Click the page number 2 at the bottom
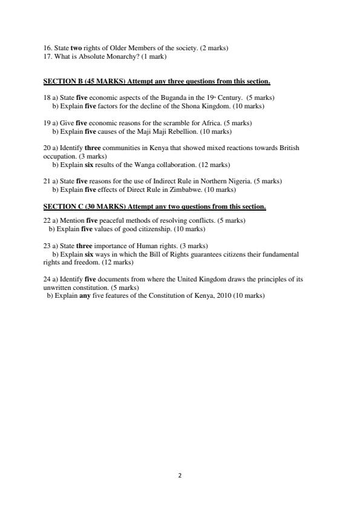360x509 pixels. coord(180,476)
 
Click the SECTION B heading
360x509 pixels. coord(157,81)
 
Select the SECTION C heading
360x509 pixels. coord(154,206)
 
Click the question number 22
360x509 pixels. coord(47,221)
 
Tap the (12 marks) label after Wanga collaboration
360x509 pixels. coord(214,165)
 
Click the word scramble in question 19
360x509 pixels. coord(192,123)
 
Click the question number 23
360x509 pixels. coord(47,246)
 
